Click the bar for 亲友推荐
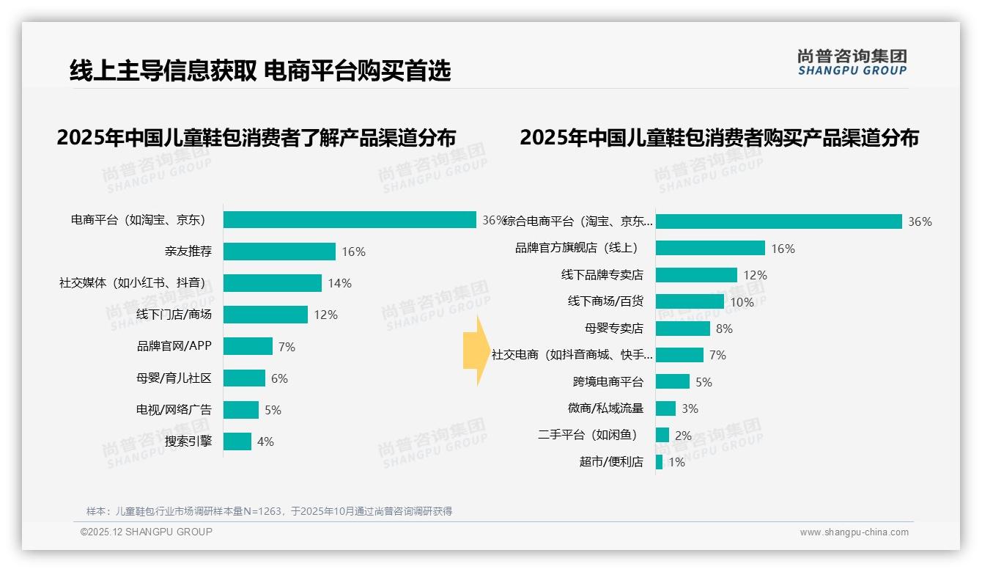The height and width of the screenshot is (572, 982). (279, 252)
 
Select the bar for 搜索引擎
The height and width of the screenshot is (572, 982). (237, 441)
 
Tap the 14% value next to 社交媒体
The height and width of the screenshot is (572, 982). (339, 283)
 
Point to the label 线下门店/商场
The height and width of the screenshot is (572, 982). (174, 315)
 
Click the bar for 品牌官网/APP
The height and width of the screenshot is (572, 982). (248, 346)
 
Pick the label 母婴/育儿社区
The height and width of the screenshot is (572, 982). (174, 378)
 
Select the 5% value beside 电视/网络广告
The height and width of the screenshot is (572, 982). (273, 410)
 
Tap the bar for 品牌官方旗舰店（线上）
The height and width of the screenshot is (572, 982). (710, 249)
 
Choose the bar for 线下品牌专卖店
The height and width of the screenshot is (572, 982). (696, 275)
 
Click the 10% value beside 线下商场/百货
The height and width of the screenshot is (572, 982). (742, 302)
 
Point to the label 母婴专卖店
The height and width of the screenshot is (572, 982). (613, 329)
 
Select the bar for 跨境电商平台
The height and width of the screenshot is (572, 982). (673, 382)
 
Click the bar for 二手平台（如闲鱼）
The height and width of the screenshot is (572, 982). (662, 435)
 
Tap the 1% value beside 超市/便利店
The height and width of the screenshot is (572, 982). (676, 462)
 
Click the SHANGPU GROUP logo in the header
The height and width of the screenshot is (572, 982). (852, 62)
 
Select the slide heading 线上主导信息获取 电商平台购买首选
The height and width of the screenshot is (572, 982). (260, 70)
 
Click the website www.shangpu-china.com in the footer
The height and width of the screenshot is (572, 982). (854, 532)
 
